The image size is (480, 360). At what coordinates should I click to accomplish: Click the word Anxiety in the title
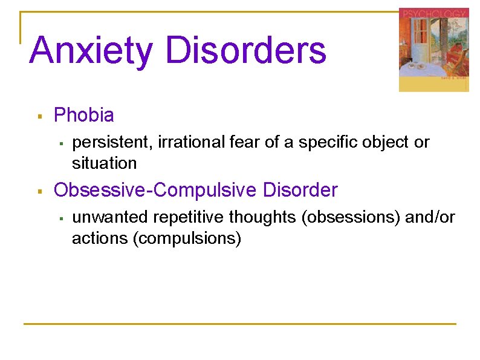click(91, 51)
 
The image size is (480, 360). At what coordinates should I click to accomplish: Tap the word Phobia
click(84, 114)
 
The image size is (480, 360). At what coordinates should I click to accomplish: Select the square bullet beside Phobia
click(39, 115)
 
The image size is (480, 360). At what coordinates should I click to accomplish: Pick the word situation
click(104, 163)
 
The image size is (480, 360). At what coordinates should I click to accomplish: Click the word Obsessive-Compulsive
click(156, 191)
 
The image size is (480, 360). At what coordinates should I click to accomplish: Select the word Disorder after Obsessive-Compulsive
click(300, 191)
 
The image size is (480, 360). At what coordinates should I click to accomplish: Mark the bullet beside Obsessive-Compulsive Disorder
click(39, 191)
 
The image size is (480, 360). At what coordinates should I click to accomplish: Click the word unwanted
click(111, 218)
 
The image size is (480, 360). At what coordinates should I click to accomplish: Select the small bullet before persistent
click(62, 143)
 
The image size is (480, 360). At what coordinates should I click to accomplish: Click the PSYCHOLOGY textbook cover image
click(433, 50)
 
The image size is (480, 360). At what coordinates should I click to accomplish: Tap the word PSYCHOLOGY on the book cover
click(433, 13)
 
